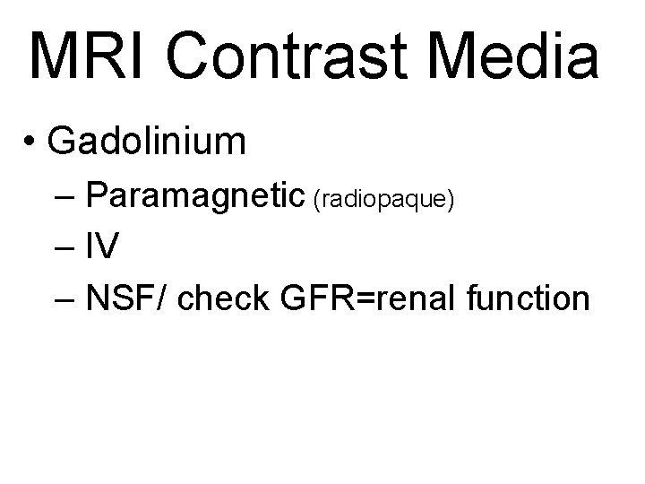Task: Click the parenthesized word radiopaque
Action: tap(387, 200)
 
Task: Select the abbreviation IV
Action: tap(102, 247)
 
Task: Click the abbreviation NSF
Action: tap(123, 298)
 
